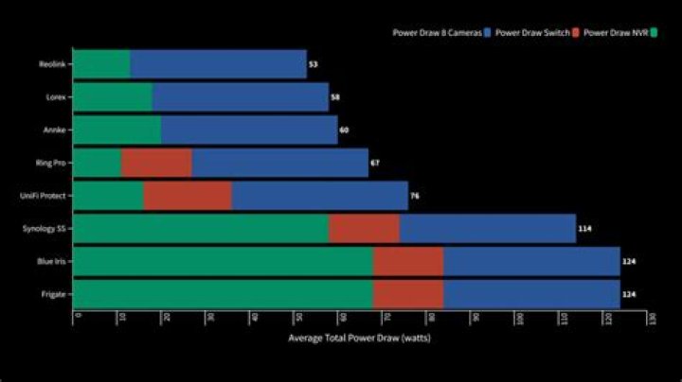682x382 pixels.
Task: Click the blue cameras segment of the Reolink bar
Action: pyautogui.click(x=218, y=64)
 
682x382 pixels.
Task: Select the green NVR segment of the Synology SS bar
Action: pyautogui.click(x=200, y=229)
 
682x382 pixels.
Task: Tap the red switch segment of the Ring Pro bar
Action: pyautogui.click(x=156, y=163)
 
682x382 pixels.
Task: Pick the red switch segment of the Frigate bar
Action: pyautogui.click(x=408, y=294)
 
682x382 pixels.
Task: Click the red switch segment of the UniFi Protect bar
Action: pyautogui.click(x=188, y=196)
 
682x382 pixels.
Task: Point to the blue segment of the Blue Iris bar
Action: pyautogui.click(x=531, y=261)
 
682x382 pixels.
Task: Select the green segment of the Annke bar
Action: pyautogui.click(x=117, y=130)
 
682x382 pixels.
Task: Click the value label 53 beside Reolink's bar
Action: pyautogui.click(x=313, y=64)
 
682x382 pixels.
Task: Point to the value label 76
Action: pyautogui.click(x=414, y=196)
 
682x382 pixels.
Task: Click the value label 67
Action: pyautogui.click(x=375, y=163)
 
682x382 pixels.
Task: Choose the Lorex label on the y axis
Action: pyautogui.click(x=55, y=96)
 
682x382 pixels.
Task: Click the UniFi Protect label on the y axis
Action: pyautogui.click(x=44, y=196)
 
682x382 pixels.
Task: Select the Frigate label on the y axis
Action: pyautogui.click(x=53, y=294)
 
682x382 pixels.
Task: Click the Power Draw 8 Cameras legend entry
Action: pyautogui.click(x=441, y=32)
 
